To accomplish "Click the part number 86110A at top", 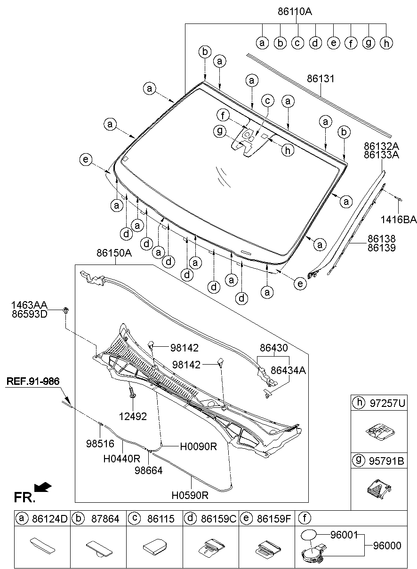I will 295,12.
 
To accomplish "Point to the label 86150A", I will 114,253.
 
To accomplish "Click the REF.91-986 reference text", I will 33,381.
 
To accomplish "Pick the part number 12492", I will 133,416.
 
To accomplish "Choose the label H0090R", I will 198,446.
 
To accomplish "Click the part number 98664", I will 149,470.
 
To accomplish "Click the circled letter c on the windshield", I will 267,101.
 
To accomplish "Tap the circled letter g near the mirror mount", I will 220,132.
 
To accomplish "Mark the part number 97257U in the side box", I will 387,403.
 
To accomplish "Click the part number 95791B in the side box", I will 387,461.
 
